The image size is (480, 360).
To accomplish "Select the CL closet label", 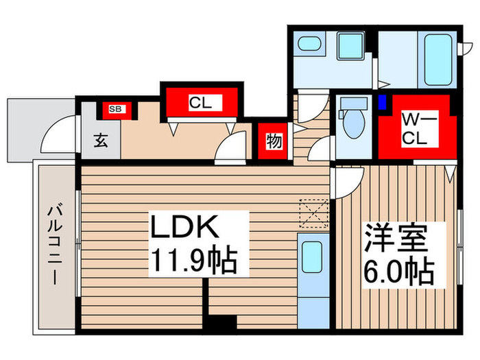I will coord(200,104).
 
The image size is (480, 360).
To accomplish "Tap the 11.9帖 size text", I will coord(193,261).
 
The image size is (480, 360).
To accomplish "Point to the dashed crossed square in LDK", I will coord(314,213).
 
